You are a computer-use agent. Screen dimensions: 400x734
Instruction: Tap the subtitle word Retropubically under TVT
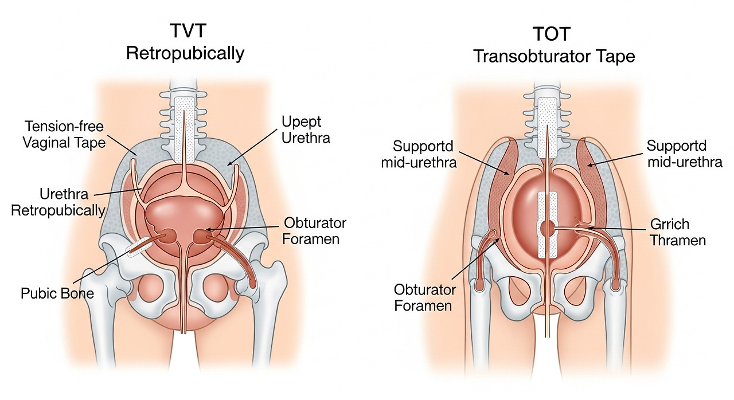(185, 54)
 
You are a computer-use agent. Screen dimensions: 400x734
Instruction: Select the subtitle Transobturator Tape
(554, 57)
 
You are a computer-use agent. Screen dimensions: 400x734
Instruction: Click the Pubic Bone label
(57, 293)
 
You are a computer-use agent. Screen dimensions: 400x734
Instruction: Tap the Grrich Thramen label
(677, 232)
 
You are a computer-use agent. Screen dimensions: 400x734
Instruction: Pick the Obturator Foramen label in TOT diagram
(425, 297)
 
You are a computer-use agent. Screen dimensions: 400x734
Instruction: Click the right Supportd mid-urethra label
(684, 154)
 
